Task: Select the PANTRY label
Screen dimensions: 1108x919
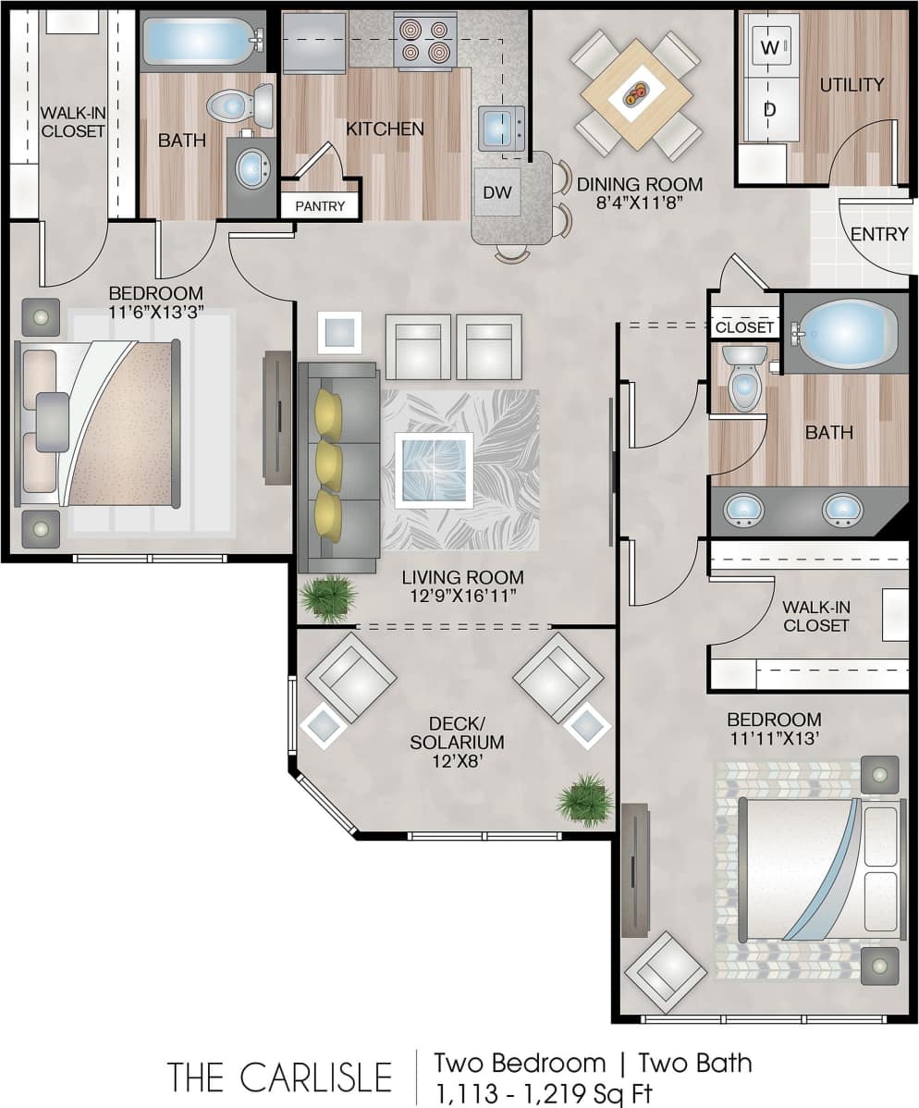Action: (320, 206)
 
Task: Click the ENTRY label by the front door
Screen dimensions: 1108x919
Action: (878, 234)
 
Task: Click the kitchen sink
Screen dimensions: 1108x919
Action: (500, 128)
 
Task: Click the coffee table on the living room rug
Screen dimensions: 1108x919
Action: (434, 470)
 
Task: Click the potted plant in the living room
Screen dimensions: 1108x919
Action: (327, 598)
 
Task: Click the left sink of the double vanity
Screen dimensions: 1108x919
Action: (742, 509)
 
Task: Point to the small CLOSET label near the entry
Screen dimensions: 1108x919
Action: (744, 327)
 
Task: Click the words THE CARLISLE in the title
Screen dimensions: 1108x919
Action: (279, 1077)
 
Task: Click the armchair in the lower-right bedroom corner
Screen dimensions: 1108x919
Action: (666, 972)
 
